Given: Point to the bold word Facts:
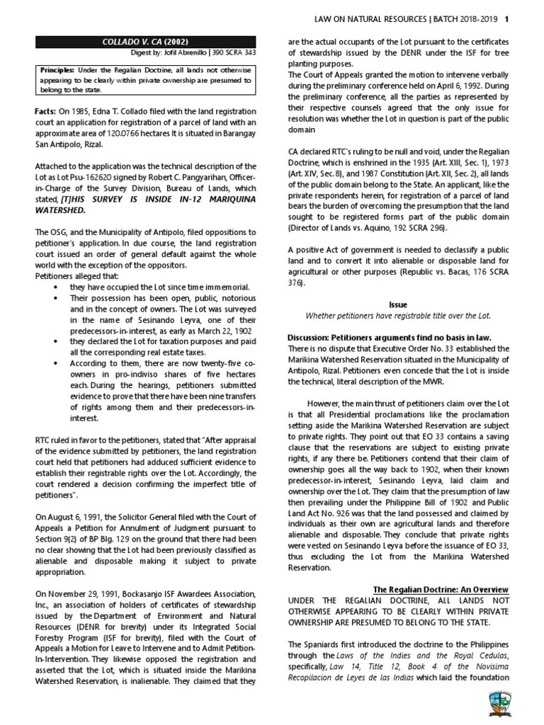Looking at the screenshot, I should coord(48,111).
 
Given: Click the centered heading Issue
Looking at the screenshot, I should coord(398,304).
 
